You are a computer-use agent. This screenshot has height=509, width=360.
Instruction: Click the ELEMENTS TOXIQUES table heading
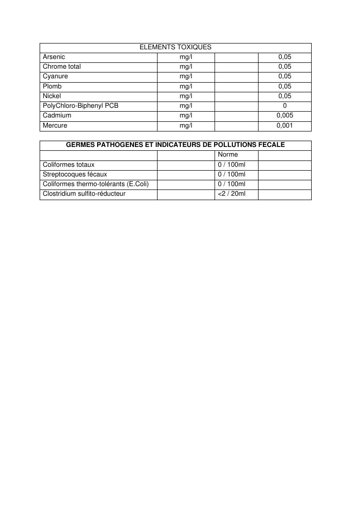click(x=175, y=47)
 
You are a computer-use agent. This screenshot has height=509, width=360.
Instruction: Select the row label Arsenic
click(x=54, y=57)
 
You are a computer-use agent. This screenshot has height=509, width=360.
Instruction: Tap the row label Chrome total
click(x=62, y=67)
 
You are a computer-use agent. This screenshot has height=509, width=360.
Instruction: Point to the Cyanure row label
click(x=55, y=76)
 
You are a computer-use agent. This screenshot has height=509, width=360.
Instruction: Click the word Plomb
click(x=52, y=87)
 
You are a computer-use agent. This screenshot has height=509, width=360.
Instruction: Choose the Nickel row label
click(x=52, y=96)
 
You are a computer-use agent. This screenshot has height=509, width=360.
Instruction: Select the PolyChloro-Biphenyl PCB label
click(x=80, y=106)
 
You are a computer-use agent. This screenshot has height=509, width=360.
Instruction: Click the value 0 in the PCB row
click(x=285, y=106)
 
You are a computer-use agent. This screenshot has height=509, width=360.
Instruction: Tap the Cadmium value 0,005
click(x=285, y=116)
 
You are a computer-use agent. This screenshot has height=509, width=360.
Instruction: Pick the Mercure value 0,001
click(x=285, y=126)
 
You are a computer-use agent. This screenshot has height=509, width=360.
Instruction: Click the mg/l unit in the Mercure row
click(x=186, y=126)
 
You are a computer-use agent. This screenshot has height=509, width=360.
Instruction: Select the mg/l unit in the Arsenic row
click(x=186, y=57)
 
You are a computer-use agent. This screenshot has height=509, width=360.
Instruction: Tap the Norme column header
click(x=228, y=155)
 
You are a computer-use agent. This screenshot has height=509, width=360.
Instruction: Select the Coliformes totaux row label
click(x=69, y=165)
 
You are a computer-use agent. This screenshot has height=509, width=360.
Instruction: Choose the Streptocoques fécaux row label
click(x=75, y=175)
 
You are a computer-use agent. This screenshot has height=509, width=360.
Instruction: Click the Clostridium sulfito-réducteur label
click(x=84, y=194)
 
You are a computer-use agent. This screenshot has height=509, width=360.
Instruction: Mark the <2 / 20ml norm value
click(x=232, y=194)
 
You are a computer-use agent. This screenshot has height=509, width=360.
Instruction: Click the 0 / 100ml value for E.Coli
click(x=232, y=184)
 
